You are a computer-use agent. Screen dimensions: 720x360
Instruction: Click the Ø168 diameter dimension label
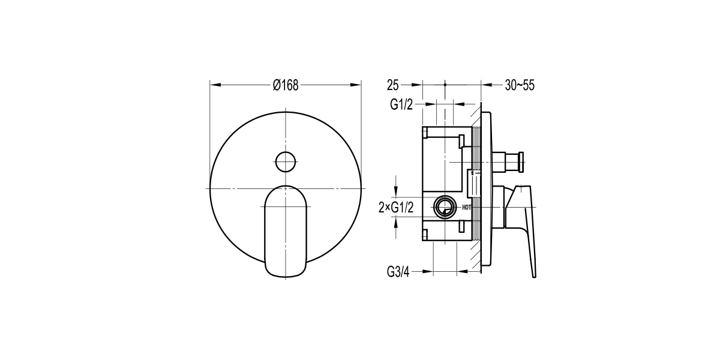(x=286, y=85)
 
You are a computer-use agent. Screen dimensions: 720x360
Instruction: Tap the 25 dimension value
(x=393, y=85)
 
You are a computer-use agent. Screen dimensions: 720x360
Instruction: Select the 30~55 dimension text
(x=520, y=85)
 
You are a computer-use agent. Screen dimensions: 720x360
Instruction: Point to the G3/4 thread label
(x=398, y=272)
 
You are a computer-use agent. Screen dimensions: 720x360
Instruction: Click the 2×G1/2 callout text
(x=396, y=208)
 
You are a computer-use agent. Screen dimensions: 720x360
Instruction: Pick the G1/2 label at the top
(x=401, y=104)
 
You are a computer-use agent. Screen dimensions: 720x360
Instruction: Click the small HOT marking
(x=466, y=208)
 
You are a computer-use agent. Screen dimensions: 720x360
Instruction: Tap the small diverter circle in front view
(x=286, y=161)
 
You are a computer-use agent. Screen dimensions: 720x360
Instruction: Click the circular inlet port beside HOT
(x=445, y=206)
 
